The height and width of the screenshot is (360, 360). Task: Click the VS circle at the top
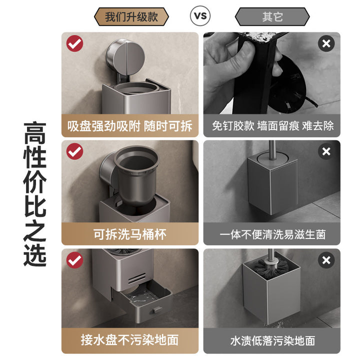(200, 16)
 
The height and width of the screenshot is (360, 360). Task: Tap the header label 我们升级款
(131, 17)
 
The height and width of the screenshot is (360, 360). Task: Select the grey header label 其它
(272, 17)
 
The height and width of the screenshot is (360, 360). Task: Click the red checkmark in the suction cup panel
(75, 43)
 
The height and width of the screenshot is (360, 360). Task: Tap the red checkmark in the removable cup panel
(75, 151)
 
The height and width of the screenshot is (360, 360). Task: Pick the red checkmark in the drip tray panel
(75, 260)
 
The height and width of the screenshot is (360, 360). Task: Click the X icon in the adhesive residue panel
(326, 43)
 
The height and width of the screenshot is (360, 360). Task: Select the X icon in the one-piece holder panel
(326, 151)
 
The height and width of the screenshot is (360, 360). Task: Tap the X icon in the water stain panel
(326, 260)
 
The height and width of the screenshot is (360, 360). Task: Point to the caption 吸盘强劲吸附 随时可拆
(129, 126)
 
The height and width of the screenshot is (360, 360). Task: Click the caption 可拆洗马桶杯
(129, 234)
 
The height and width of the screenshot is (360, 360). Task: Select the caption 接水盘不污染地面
(129, 340)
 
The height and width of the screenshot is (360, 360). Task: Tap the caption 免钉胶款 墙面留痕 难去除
(272, 126)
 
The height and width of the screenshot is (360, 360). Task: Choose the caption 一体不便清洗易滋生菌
(272, 234)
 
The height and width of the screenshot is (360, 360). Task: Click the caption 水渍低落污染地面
(272, 340)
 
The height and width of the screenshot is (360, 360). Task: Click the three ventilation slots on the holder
(137, 278)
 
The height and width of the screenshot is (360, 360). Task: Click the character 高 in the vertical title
(35, 133)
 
